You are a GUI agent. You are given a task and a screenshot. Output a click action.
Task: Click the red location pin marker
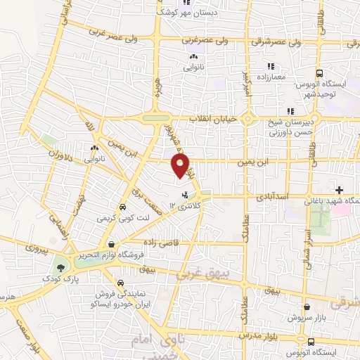pyautogui.click(x=182, y=165)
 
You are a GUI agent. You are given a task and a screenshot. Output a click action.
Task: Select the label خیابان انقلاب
pyautogui.click(x=211, y=119)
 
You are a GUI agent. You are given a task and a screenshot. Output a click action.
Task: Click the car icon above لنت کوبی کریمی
pyautogui.click(x=123, y=207)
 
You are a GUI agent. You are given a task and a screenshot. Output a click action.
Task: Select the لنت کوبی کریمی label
pyautogui.click(x=122, y=219)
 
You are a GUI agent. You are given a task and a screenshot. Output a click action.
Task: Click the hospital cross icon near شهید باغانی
pyautogui.click(x=340, y=190)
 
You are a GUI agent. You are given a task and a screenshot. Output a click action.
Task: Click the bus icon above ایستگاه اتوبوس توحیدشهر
pyautogui.click(x=320, y=73)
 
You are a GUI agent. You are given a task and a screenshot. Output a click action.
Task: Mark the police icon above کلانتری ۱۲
pyautogui.click(x=186, y=194)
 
